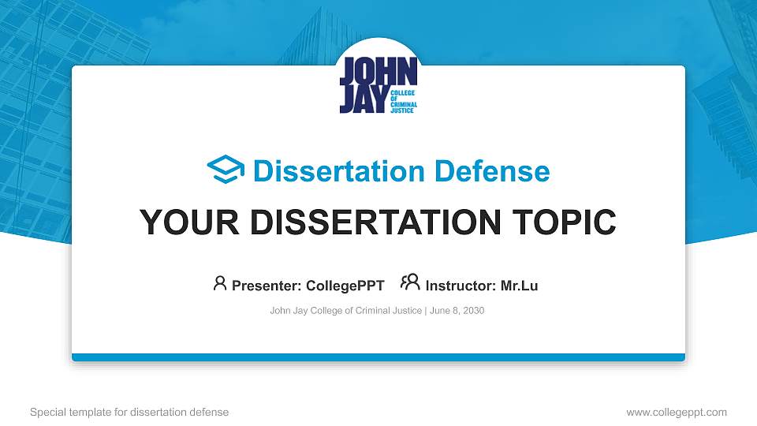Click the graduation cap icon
pos(226,170)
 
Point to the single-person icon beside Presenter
pos(220,283)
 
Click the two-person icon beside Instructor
pos(410,282)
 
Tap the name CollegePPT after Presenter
pos(345,286)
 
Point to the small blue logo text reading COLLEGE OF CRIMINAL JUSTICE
pos(403,102)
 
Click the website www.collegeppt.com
pos(677,412)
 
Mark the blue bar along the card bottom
pos(378,357)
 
